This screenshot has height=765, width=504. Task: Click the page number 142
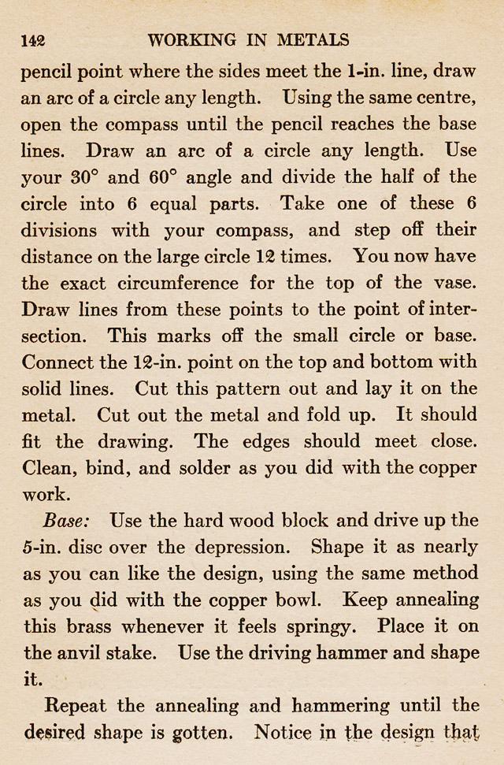pos(33,41)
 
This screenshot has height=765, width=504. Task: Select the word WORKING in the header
pos(191,40)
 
